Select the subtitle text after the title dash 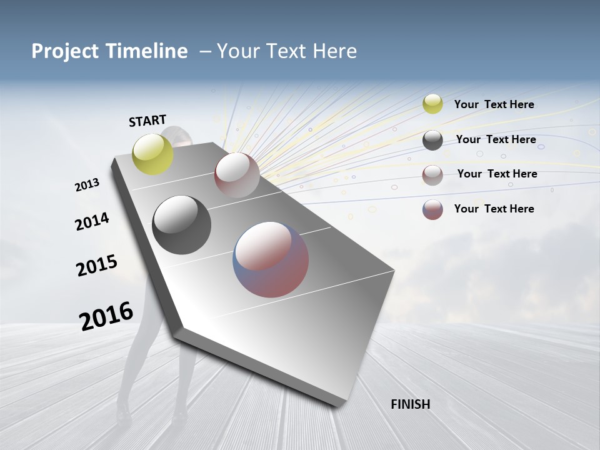tap(286, 51)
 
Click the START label tap(147, 121)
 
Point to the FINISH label tap(410, 404)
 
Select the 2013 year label tap(87, 185)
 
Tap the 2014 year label tap(92, 221)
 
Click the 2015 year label tap(97, 266)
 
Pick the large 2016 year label tap(106, 316)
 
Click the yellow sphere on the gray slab tap(153, 154)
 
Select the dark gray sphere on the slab tap(181, 225)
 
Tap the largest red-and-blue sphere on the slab tap(271, 259)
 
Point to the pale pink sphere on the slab tap(237, 174)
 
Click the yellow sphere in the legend tap(432, 104)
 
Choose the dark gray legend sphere tap(432, 140)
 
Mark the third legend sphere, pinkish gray tap(432, 175)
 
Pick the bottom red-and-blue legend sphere tap(432, 209)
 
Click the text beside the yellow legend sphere tap(494, 104)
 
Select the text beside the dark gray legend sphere tap(496, 139)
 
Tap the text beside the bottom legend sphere tap(494, 209)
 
